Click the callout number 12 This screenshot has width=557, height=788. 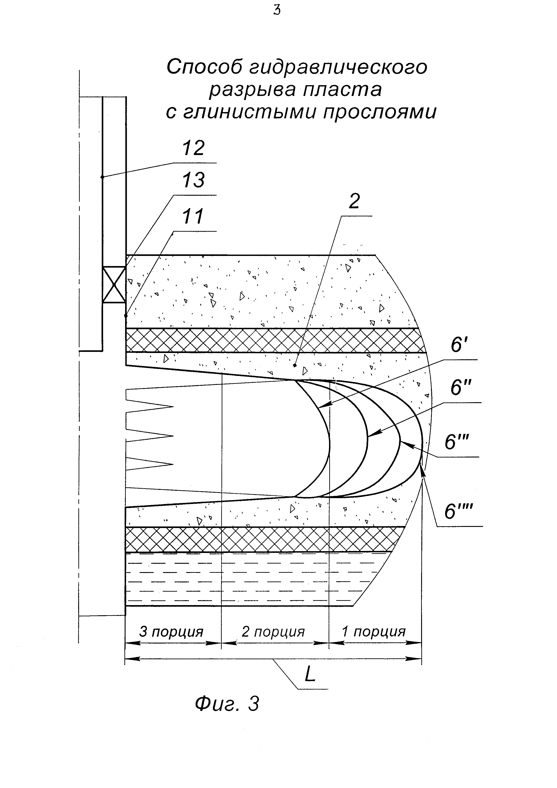click(x=193, y=148)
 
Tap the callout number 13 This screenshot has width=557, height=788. click(x=193, y=180)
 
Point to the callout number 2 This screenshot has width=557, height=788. click(x=354, y=202)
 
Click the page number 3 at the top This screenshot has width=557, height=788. click(x=277, y=11)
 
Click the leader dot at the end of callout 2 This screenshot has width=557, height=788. click(x=295, y=366)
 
